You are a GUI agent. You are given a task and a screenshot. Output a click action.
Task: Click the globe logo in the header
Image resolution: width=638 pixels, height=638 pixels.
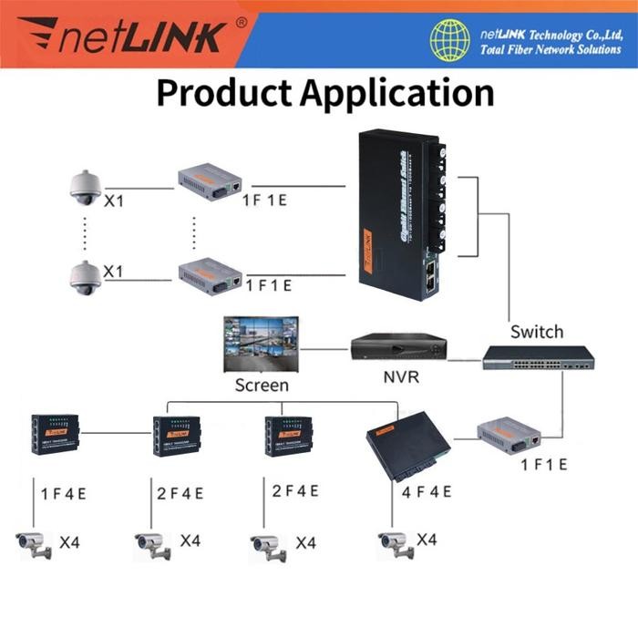451,40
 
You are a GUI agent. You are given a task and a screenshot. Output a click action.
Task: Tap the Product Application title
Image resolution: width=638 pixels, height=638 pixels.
324,93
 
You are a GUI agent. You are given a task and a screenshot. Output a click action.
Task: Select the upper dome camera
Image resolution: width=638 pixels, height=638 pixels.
83,187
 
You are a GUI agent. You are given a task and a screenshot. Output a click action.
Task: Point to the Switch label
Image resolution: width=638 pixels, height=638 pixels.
537,332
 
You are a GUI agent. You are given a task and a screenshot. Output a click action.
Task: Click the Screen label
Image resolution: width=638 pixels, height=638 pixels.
262,385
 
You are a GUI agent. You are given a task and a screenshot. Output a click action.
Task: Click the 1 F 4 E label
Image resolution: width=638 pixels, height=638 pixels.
65,493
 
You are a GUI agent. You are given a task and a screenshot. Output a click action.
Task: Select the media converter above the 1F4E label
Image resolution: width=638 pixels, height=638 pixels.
57,435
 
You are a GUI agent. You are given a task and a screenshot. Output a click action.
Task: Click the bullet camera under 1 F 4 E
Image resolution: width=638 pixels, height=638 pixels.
34,544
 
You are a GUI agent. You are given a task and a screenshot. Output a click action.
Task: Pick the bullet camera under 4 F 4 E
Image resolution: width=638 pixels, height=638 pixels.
396,544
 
